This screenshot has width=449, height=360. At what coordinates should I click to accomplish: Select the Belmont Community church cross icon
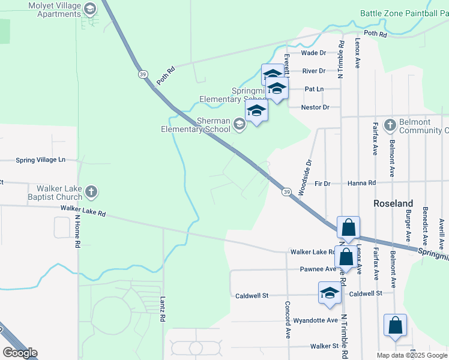[390, 125]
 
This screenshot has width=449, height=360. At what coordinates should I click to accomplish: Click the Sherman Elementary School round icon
[240, 124]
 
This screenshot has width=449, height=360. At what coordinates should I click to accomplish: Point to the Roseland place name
[393, 203]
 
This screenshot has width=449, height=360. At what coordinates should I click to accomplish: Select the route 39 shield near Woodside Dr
[287, 191]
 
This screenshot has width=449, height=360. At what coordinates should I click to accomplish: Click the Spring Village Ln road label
[40, 160]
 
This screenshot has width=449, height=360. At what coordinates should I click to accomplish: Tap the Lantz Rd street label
[163, 309]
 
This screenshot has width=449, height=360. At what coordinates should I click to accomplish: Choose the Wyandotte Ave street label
[315, 320]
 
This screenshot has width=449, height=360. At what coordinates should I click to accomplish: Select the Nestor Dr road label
[318, 107]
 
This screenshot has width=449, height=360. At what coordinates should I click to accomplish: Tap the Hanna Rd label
[362, 183]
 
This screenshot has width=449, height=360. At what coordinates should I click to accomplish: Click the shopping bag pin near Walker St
[395, 326]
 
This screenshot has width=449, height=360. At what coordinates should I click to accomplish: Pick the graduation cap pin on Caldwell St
[330, 293]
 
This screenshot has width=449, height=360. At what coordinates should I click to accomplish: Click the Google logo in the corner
[20, 352]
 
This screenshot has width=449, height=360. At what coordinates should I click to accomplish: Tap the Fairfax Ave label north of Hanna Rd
[375, 139]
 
